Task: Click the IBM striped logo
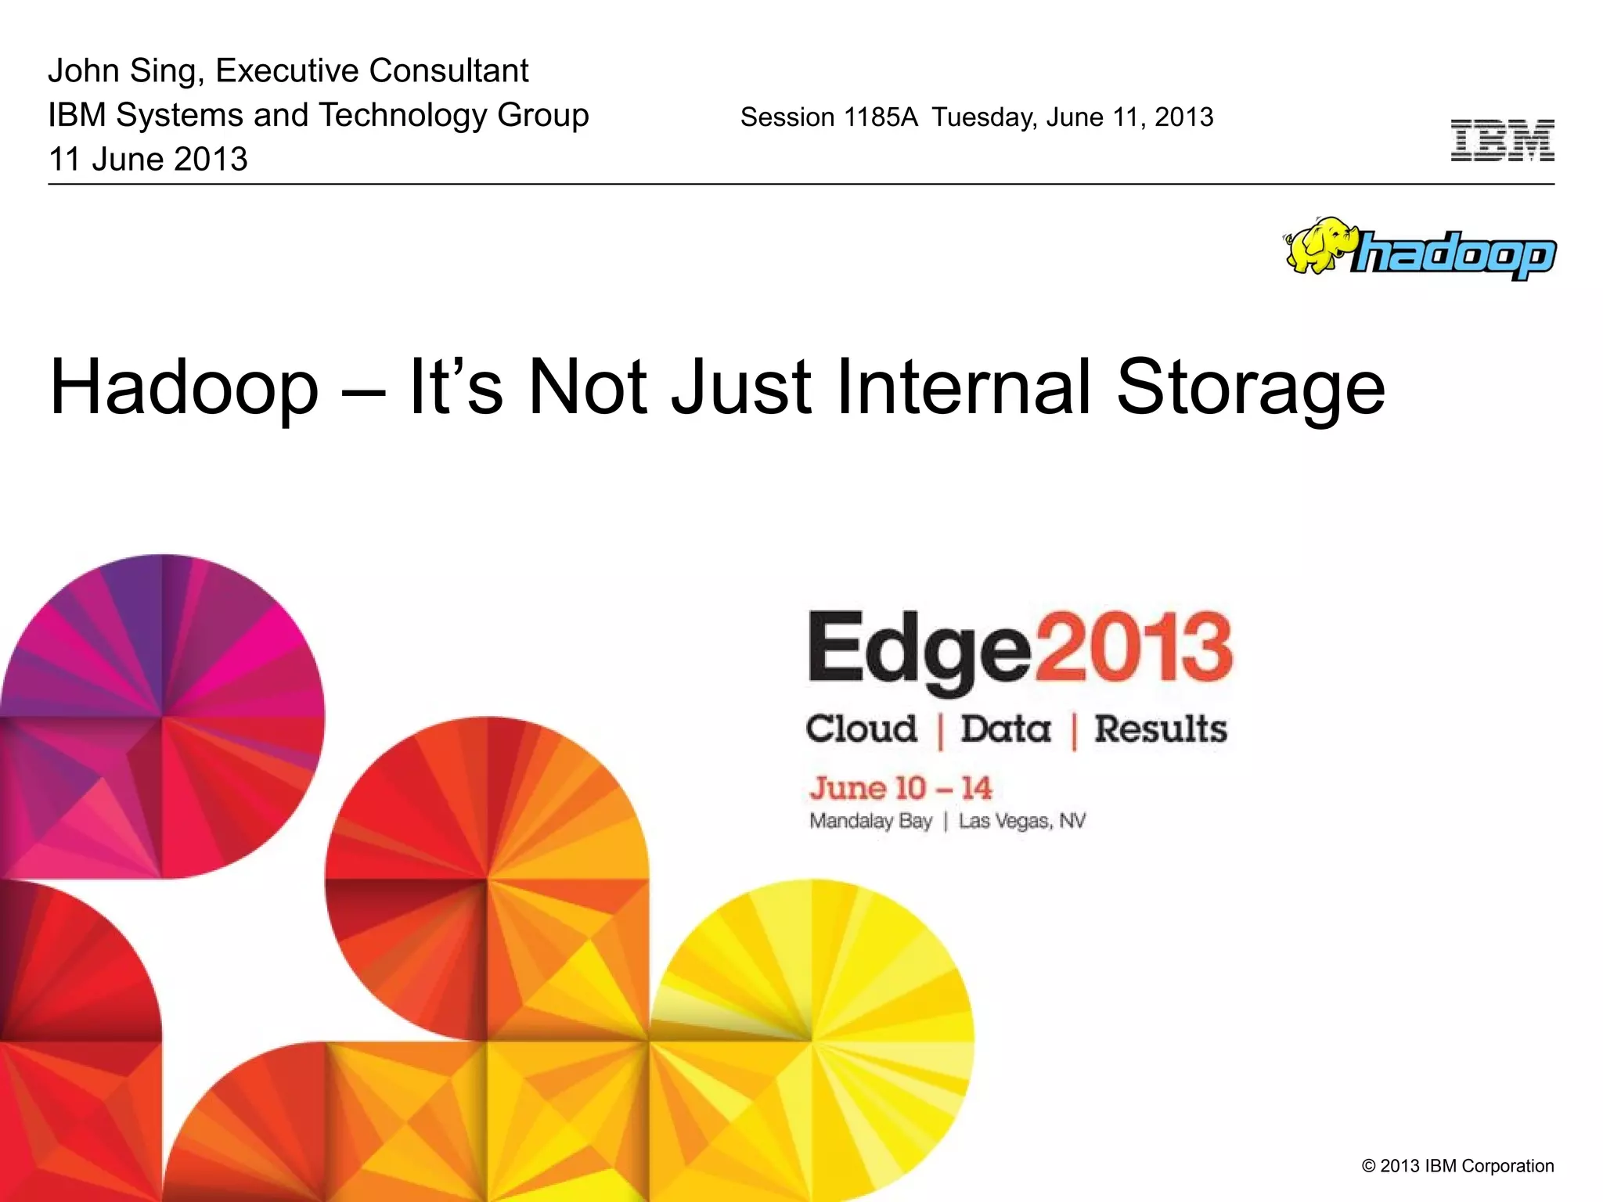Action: coord(1502,141)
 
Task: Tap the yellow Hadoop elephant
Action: coord(1319,245)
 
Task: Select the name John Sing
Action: coord(125,71)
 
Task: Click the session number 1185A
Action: coord(880,117)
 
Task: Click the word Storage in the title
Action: coord(1250,387)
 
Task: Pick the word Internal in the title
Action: coord(963,387)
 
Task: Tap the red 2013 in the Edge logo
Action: coord(1134,647)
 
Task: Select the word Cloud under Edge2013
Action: coord(861,729)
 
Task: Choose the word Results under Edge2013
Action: coord(1160,729)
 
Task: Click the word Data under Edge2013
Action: coord(1006,729)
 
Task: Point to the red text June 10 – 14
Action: coord(901,788)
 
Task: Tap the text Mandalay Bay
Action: coord(870,821)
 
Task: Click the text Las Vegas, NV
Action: coord(1022,821)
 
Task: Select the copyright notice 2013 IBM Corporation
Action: coord(1457,1166)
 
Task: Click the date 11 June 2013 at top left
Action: coord(148,160)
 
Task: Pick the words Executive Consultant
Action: coord(372,71)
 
